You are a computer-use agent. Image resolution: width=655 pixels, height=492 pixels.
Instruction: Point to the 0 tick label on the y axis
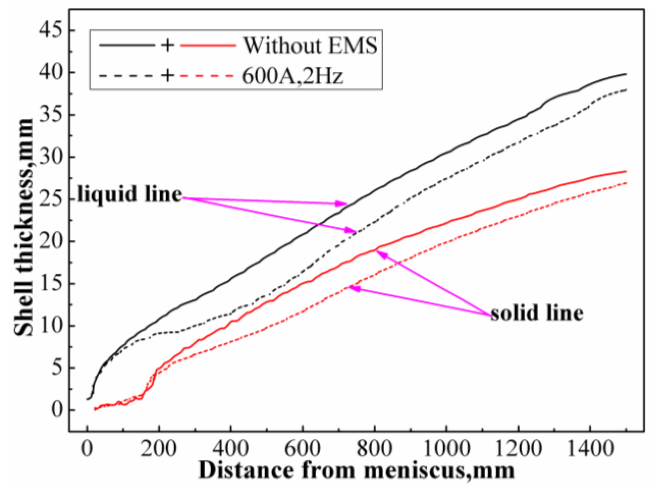tap(58, 410)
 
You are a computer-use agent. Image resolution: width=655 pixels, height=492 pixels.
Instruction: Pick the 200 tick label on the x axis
tap(159, 449)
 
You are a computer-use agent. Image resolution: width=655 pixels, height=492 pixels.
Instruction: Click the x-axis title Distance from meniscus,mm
tap(356, 470)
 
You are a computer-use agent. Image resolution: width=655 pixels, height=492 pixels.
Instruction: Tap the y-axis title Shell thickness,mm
tap(24, 227)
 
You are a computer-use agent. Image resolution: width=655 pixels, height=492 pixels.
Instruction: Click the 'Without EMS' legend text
tap(310, 45)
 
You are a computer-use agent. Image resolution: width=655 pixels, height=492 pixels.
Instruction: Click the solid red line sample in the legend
tap(208, 45)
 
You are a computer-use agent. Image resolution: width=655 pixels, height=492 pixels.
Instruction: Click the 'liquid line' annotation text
tap(130, 194)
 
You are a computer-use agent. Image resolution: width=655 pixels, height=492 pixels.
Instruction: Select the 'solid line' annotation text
tap(537, 313)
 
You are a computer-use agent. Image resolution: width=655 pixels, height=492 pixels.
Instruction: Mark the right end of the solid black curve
tap(626, 74)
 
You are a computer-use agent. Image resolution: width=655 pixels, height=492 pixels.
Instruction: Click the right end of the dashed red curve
tap(626, 183)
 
